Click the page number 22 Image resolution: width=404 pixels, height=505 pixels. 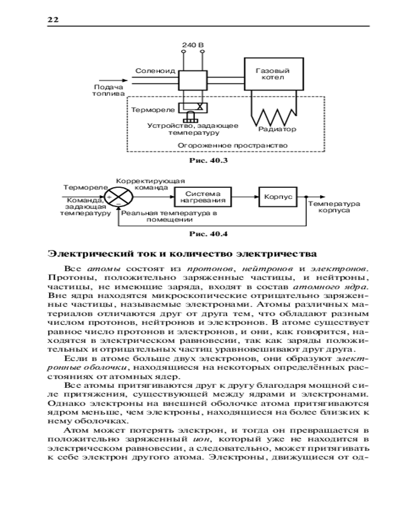(x=53, y=20)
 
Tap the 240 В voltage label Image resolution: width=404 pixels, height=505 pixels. (x=192, y=45)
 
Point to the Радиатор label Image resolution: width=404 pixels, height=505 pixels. (x=277, y=129)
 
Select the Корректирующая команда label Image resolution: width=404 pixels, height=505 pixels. (x=150, y=184)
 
